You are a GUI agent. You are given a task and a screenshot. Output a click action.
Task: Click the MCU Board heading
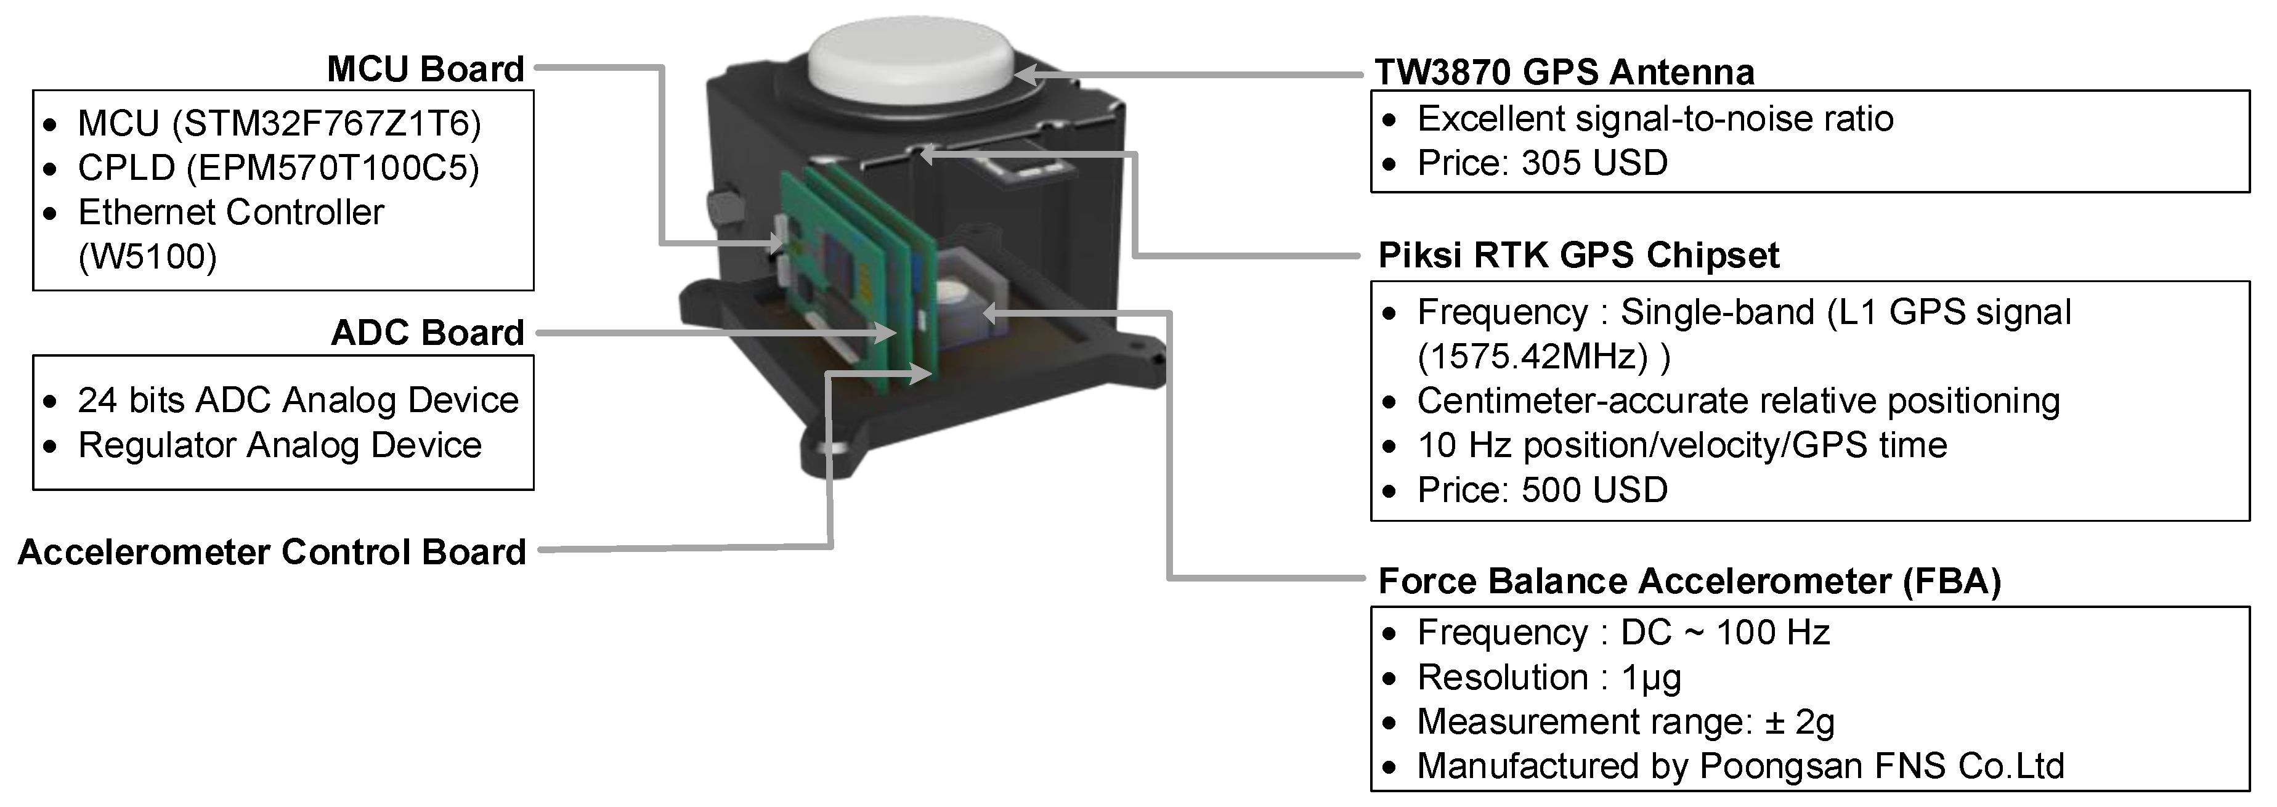pyautogui.click(x=425, y=69)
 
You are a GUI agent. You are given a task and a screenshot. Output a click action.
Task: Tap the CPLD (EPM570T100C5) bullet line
pyautogui.click(x=278, y=168)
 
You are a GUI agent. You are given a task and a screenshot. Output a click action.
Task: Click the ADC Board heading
pyautogui.click(x=428, y=333)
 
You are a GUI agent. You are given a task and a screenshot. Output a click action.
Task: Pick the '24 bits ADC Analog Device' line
pyautogui.click(x=298, y=400)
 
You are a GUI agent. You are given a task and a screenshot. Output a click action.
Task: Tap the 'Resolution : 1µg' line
pyautogui.click(x=1549, y=678)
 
